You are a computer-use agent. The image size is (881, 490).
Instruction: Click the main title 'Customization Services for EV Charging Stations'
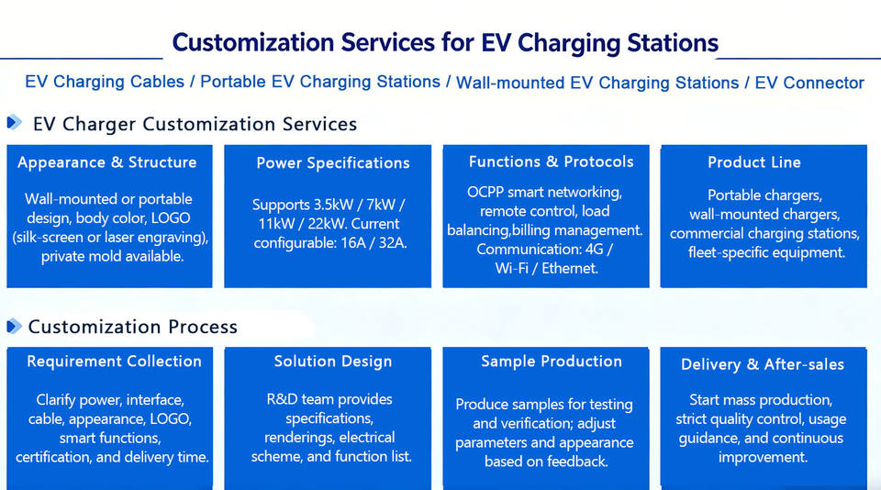click(x=445, y=43)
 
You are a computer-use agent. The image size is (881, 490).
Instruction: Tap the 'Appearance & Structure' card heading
click(x=107, y=162)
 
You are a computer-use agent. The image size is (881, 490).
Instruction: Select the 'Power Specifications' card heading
click(x=333, y=163)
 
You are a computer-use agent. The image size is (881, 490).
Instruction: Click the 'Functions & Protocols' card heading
click(x=552, y=161)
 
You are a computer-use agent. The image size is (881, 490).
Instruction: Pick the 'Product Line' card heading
click(x=754, y=162)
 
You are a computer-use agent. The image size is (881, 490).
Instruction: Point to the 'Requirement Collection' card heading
click(x=114, y=362)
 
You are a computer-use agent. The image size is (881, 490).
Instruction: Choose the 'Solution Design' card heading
click(x=333, y=362)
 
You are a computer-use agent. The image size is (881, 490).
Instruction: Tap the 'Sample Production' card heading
click(x=552, y=362)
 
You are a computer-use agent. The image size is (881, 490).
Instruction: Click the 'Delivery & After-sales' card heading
click(x=763, y=364)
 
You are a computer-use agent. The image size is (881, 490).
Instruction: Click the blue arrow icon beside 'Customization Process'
click(x=14, y=326)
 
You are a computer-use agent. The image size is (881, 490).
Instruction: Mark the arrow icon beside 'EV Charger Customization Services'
click(x=14, y=122)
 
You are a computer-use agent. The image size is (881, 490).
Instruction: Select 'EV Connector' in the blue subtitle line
click(x=809, y=84)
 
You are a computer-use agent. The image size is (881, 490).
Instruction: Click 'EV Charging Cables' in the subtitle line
click(x=105, y=82)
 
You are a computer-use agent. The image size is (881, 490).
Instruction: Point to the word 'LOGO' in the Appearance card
click(x=171, y=218)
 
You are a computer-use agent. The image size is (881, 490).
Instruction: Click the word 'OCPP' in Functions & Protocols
click(x=485, y=192)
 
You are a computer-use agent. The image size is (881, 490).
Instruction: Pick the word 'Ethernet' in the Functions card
click(x=570, y=269)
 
